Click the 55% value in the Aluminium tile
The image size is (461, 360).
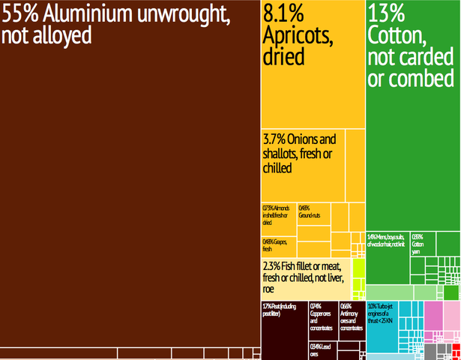[20, 14]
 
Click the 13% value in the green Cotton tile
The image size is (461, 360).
[386, 13]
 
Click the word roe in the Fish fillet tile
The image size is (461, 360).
[269, 289]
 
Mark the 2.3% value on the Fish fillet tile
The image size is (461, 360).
[273, 266]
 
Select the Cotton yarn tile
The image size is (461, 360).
[424, 244]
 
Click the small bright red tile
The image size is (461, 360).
[456, 346]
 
